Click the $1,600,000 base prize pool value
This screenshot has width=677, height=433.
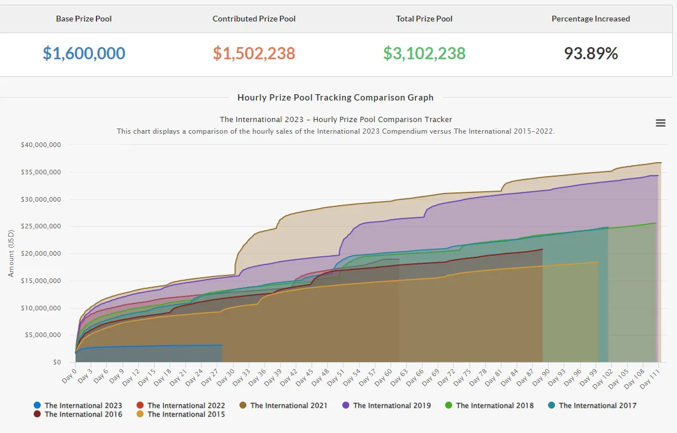click(84, 53)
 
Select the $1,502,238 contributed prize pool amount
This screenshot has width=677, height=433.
click(254, 53)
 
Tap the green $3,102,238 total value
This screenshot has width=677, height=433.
click(424, 53)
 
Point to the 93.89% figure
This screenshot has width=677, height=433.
click(590, 53)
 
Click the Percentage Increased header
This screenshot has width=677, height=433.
click(590, 19)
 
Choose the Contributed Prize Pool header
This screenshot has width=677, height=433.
click(254, 19)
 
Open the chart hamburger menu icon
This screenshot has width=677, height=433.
click(661, 123)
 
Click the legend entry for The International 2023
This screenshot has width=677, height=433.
click(78, 405)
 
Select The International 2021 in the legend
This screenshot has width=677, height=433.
click(283, 405)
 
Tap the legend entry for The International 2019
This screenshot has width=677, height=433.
click(386, 405)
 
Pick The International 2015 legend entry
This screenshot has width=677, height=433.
click(181, 414)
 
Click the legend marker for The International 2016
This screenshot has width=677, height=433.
click(37, 414)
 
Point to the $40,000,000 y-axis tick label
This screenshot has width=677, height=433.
click(41, 145)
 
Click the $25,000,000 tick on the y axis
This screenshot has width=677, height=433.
click(41, 226)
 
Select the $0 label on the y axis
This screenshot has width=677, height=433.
click(57, 362)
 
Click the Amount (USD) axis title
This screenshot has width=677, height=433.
click(11, 253)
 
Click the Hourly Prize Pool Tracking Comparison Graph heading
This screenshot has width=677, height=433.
click(335, 98)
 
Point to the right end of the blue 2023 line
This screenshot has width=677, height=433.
click(223, 345)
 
